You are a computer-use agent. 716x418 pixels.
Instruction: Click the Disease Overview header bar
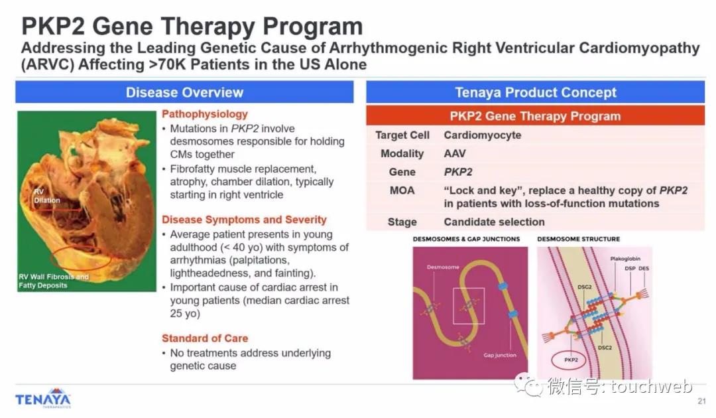point(184,92)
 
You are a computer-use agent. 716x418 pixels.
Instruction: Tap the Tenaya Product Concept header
point(535,92)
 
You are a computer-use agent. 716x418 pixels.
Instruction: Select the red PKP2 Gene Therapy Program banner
point(535,116)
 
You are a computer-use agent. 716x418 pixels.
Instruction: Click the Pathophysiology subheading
point(205,113)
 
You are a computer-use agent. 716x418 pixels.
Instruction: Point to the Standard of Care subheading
point(205,338)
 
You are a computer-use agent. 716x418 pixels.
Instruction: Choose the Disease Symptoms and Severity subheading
point(244,219)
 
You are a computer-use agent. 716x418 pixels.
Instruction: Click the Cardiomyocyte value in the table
point(482,135)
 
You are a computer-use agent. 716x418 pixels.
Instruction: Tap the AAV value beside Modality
point(455,153)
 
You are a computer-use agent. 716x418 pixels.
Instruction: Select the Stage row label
point(402,222)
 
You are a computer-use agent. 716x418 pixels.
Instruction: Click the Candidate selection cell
point(494,222)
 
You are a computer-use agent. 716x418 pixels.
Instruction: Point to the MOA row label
point(402,190)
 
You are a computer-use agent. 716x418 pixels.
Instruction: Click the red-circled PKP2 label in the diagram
point(571,360)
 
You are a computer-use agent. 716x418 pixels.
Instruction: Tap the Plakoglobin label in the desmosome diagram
point(625,259)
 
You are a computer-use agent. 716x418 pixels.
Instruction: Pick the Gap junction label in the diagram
point(500,355)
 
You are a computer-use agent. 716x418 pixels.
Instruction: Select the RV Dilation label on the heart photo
point(46,196)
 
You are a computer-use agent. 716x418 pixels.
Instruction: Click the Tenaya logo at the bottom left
point(43,398)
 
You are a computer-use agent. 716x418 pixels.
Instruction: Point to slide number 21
point(702,401)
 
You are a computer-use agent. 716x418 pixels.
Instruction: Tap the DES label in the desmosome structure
point(643,268)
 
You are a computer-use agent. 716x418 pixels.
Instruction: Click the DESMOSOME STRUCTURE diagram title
point(579,239)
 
